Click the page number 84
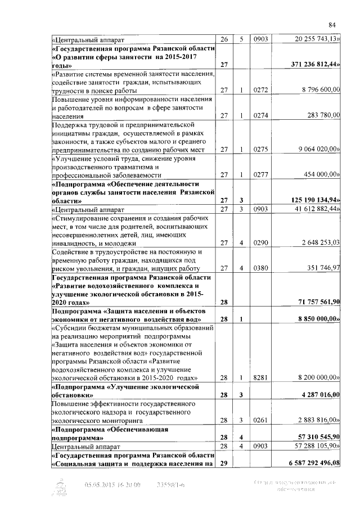click(x=332, y=24)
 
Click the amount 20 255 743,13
click(x=317, y=39)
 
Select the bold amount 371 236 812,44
click(x=311, y=66)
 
